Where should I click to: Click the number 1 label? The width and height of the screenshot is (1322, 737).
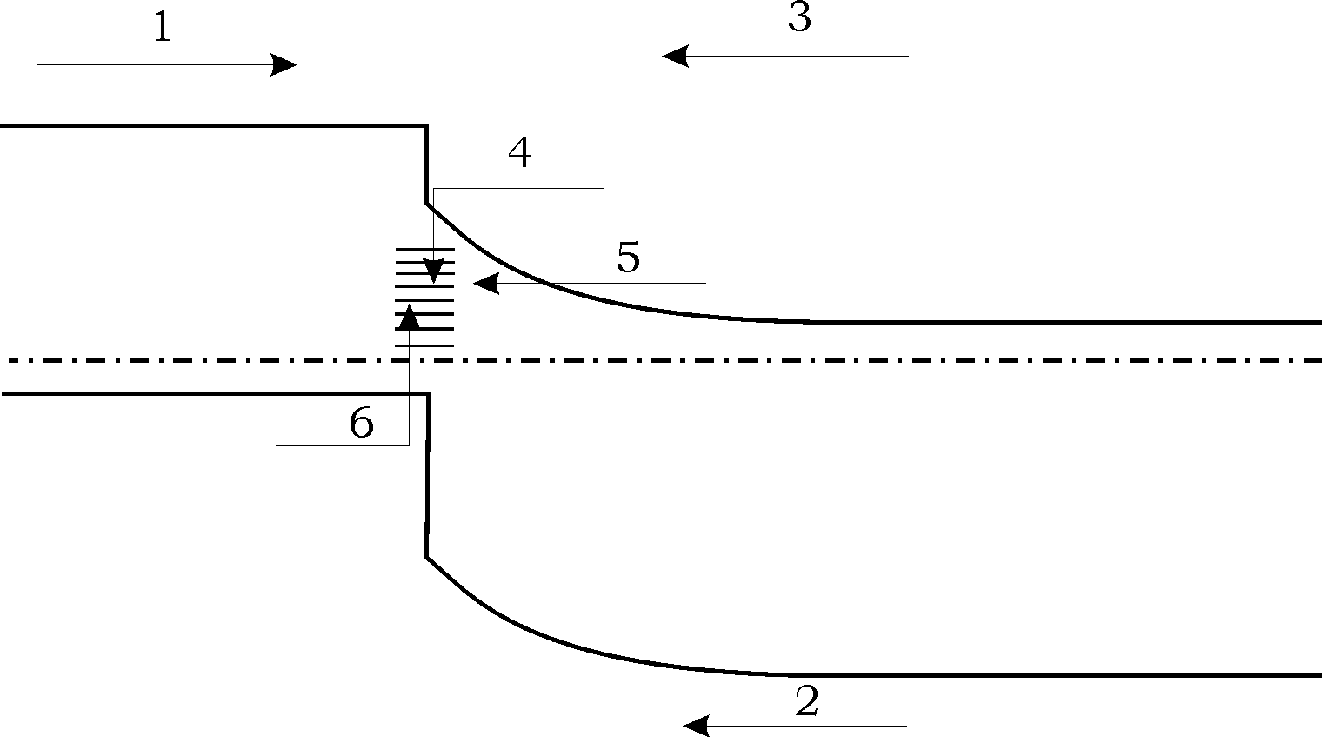click(x=162, y=29)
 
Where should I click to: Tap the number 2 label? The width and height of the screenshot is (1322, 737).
click(x=807, y=701)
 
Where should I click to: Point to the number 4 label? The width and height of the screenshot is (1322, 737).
click(x=519, y=154)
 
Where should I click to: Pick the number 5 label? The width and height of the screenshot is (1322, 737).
click(x=628, y=258)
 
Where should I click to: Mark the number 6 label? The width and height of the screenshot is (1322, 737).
click(x=361, y=424)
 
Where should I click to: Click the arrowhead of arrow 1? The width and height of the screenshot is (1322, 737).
click(x=285, y=64)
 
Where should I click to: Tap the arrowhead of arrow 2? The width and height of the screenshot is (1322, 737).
click(x=697, y=725)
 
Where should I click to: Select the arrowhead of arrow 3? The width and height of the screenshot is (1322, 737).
click(x=676, y=56)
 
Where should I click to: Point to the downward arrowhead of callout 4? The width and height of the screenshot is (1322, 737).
click(x=433, y=271)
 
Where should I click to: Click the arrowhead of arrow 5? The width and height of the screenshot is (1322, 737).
click(x=486, y=283)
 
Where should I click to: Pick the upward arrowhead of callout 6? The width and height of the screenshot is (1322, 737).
click(x=409, y=317)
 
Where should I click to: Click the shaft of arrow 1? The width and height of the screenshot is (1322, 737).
click(x=157, y=64)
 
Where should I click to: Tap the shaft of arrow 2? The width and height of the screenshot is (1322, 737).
click(x=809, y=725)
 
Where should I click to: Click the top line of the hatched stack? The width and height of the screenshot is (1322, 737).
click(x=425, y=249)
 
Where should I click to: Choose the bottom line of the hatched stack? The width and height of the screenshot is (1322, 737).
click(x=425, y=345)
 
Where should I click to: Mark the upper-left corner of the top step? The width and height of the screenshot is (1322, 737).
click(x=426, y=127)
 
